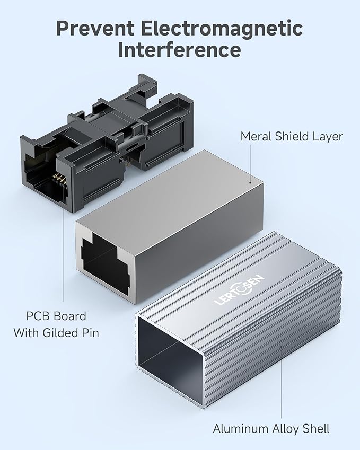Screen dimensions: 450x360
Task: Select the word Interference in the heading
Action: coord(179,50)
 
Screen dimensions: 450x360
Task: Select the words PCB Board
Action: coord(56,316)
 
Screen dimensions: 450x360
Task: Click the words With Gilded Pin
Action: coord(56,333)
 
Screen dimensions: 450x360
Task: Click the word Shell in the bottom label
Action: coord(317,428)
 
